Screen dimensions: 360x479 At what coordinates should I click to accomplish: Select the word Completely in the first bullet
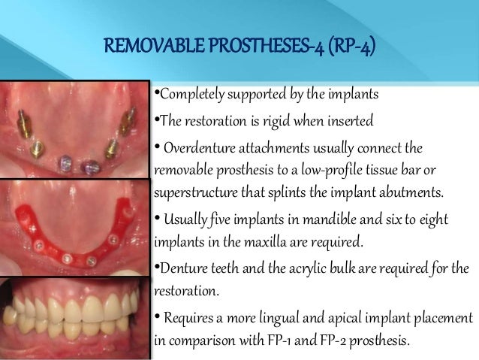tap(188, 95)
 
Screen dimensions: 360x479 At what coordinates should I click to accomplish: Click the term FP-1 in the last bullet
tap(294, 340)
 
